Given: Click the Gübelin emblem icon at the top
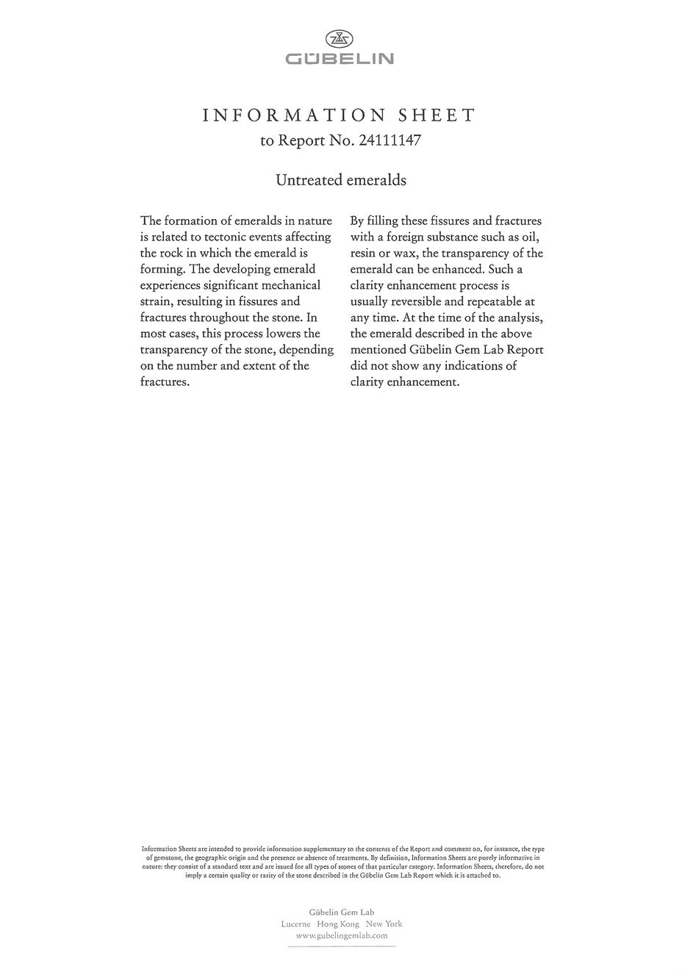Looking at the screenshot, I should [x=340, y=39].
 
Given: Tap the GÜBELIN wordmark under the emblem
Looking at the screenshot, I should [x=340, y=59].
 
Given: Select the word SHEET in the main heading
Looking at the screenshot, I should [x=437, y=115].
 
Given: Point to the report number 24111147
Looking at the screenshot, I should [x=390, y=140].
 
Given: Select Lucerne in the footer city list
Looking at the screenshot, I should [x=296, y=924].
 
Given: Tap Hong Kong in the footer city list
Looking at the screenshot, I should [x=338, y=924].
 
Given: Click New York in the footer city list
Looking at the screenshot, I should [x=384, y=924].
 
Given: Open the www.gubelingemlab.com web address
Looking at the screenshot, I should [x=341, y=936].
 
